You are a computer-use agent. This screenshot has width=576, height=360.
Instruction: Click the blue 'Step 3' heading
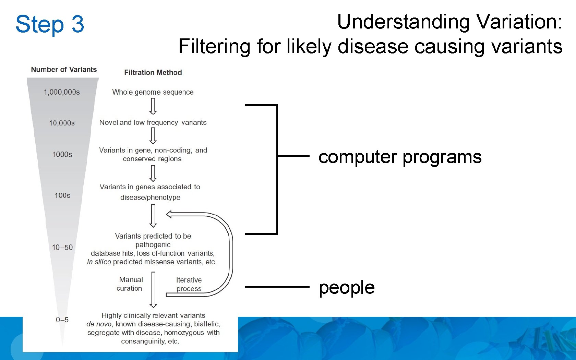pyautogui.click(x=50, y=24)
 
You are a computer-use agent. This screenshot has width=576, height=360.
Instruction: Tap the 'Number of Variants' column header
pyautogui.click(x=64, y=70)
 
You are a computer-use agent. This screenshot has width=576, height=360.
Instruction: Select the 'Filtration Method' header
pyautogui.click(x=153, y=73)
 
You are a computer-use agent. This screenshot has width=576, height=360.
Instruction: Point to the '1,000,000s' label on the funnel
pyautogui.click(x=62, y=92)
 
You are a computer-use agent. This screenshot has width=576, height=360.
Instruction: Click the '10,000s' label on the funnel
pyautogui.click(x=62, y=123)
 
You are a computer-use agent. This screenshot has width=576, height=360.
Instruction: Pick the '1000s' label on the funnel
pyautogui.click(x=62, y=155)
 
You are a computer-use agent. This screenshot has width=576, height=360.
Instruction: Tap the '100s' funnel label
pyautogui.click(x=62, y=195)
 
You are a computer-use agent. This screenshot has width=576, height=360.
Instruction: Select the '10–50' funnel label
pyautogui.click(x=62, y=248)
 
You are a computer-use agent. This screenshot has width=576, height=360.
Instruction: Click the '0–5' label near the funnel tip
pyautogui.click(x=62, y=320)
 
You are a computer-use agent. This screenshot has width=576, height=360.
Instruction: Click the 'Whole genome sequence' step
pyautogui.click(x=153, y=92)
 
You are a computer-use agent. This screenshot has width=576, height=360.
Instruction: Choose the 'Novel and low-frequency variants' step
pyautogui.click(x=153, y=122)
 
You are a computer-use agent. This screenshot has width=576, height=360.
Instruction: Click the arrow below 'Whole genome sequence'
pyautogui.click(x=153, y=106)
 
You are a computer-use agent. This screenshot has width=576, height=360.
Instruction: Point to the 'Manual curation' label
pyautogui.click(x=130, y=284)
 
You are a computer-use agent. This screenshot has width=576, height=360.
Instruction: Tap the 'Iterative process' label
pyautogui.click(x=189, y=285)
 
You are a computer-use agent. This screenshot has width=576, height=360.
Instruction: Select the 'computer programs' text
pyautogui.click(x=400, y=157)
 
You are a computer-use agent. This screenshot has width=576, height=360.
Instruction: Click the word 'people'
pyautogui.click(x=346, y=287)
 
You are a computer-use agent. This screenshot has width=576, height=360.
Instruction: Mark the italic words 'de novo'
pyautogui.click(x=98, y=324)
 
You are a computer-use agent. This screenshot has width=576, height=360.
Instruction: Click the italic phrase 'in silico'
pyautogui.click(x=99, y=262)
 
